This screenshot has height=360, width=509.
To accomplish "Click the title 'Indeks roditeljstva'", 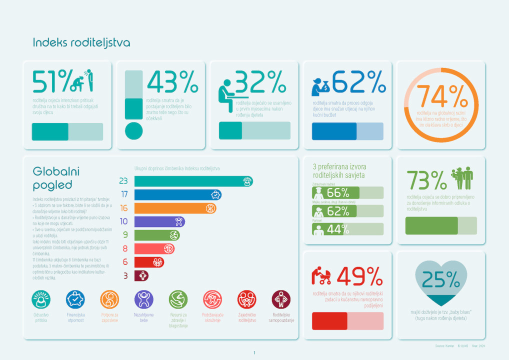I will (81, 43).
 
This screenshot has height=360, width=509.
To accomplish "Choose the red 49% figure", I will (359, 276).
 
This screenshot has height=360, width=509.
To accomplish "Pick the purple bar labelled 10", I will (159, 221).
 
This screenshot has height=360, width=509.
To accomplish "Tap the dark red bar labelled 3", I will (141, 275).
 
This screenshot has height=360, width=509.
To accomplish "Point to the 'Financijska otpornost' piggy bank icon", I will (75, 299).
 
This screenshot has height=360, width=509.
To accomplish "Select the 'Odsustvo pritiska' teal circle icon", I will (41, 299).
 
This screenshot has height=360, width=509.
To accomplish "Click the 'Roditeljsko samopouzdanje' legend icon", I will (281, 299).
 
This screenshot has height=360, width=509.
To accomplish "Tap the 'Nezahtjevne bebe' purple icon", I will (144, 299).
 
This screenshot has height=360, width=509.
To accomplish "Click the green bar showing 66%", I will (335, 193).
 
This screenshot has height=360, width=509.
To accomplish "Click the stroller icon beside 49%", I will (321, 276).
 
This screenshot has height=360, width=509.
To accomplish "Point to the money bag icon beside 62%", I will (320, 86).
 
